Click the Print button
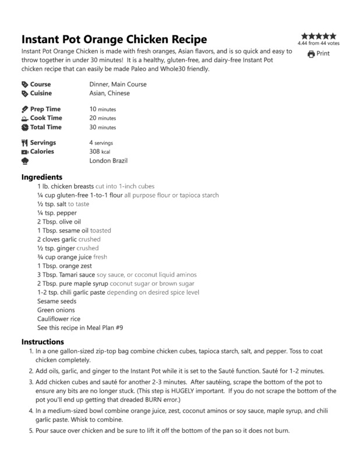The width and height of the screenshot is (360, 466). [x=319, y=54]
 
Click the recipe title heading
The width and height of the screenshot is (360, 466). [x=114, y=40]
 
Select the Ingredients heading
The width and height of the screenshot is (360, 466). [x=42, y=177]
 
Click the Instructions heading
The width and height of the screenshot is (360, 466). [x=43, y=342]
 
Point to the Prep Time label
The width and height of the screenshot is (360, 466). [x=45, y=109]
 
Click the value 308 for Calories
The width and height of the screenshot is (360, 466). [x=96, y=151]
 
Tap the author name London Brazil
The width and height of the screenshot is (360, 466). [x=108, y=160]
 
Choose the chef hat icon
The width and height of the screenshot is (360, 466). [x=24, y=160]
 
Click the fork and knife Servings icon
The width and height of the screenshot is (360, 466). [x=24, y=143]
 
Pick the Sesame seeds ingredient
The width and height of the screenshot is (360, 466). [x=57, y=301]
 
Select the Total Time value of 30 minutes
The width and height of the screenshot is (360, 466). [x=103, y=127]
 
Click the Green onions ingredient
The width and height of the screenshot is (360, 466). [x=56, y=310]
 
